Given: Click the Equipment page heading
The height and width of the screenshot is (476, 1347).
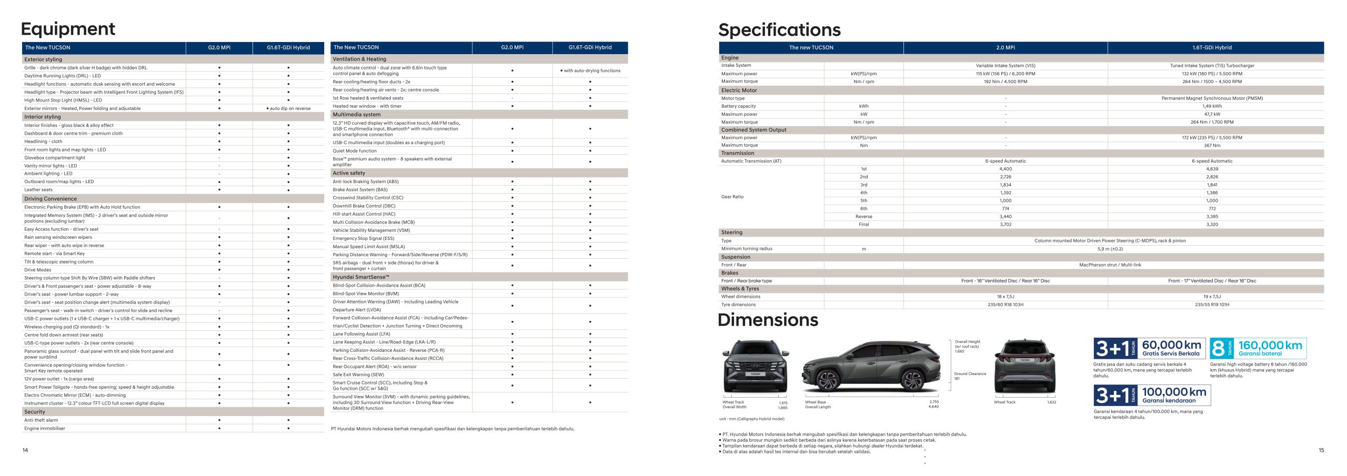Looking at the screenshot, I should click(68, 29).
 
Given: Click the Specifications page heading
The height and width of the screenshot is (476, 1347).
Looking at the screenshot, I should click(779, 30).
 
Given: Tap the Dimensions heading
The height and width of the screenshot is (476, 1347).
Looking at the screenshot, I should click(768, 320).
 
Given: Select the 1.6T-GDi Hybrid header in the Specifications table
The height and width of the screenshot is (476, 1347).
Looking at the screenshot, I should click(1212, 47).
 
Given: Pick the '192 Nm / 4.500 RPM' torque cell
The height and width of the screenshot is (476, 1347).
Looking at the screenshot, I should click(1005, 82).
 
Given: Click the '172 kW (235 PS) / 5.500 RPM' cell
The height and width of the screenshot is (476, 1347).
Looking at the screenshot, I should click(1212, 138).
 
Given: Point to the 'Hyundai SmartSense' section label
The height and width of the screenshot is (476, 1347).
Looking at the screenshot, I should click(361, 277).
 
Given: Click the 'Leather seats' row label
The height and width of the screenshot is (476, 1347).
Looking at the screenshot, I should click(38, 190).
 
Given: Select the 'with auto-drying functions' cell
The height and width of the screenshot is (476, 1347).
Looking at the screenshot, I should click(590, 70).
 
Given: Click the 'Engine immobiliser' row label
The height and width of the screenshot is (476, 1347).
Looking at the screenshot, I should click(45, 429).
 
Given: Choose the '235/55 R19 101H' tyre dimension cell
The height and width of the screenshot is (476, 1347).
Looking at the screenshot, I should click(1212, 305).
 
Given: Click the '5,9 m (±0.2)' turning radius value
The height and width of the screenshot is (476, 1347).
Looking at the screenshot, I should click(1110, 249).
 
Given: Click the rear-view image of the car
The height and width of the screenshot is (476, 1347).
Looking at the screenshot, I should click(1024, 366).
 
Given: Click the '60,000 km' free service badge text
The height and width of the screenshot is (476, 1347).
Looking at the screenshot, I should click(1171, 345).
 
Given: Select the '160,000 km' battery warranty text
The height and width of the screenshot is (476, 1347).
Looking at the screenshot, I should click(1270, 346).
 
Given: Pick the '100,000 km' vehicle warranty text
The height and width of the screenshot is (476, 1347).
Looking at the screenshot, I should click(1174, 392).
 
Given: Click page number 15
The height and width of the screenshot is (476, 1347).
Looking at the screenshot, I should click(1321, 450).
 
